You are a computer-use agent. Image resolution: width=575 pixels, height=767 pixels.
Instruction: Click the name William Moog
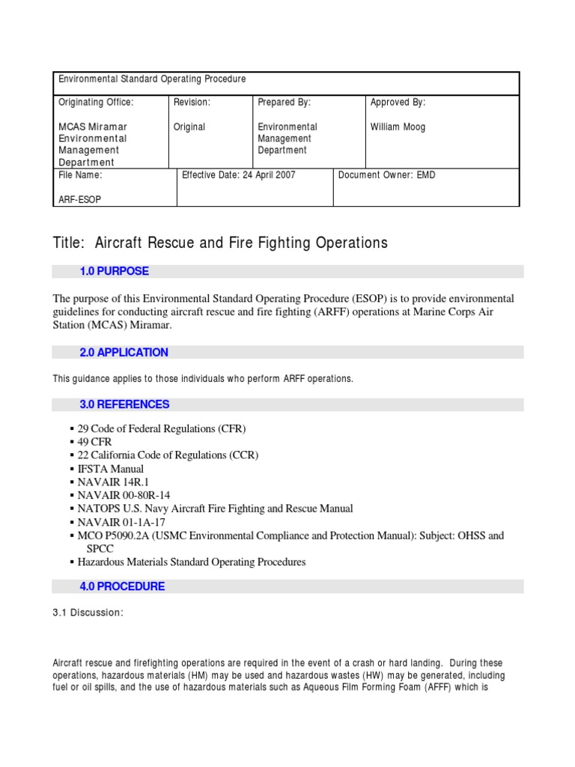tap(398, 127)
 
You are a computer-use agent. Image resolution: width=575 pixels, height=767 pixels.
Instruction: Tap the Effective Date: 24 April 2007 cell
tap(239, 175)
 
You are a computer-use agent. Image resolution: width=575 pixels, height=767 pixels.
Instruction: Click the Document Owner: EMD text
tap(386, 175)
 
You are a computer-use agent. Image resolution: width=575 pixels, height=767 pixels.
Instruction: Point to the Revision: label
tap(192, 103)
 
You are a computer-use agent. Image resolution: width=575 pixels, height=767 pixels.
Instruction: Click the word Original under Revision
tap(189, 127)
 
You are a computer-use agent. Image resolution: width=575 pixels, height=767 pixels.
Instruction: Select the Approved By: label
tap(398, 103)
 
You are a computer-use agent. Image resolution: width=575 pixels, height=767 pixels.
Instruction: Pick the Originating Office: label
tap(95, 103)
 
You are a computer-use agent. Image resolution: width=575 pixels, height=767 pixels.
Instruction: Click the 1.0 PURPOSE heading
tap(114, 271)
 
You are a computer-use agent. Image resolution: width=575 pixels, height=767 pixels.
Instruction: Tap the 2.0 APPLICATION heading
tap(124, 352)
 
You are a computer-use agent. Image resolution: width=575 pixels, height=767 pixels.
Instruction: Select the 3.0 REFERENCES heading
tap(124, 404)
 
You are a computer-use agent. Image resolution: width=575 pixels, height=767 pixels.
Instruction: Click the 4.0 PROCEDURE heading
tap(122, 586)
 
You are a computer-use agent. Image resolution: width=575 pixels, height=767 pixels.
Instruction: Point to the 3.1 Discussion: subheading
tap(88, 613)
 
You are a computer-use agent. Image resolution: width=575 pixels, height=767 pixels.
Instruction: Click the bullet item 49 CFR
tap(94, 442)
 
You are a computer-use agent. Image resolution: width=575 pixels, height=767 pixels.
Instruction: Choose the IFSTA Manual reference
tap(110, 469)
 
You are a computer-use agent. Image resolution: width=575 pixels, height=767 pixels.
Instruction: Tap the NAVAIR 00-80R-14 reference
tap(124, 496)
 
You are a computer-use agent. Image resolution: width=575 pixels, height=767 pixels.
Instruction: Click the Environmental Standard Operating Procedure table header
tap(152, 79)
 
